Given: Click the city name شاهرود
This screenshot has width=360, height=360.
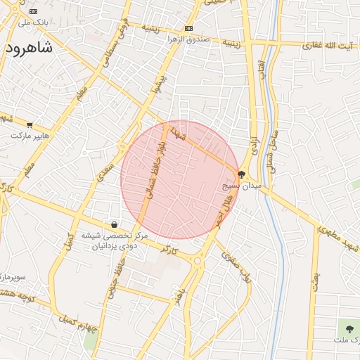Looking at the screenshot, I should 29,48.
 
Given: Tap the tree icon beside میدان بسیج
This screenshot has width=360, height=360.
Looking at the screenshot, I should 242,174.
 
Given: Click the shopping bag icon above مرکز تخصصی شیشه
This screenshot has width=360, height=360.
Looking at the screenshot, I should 114,225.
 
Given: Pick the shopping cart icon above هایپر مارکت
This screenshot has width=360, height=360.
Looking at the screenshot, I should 30,124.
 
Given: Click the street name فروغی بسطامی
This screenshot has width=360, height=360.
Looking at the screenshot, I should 117,41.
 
